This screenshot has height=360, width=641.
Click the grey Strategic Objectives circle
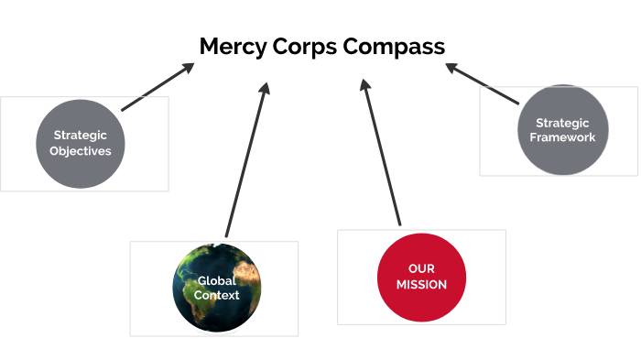click(81, 144)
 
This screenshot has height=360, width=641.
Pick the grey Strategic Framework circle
click(563, 129)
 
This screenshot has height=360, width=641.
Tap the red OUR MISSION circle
click(422, 277)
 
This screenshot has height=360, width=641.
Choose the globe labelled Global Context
click(216, 288)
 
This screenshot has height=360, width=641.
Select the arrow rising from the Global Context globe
click(246, 160)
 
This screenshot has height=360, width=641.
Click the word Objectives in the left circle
click(81, 151)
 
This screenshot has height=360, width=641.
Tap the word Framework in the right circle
click(563, 137)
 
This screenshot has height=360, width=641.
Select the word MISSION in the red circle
click(422, 285)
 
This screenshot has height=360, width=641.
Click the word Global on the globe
click(217, 281)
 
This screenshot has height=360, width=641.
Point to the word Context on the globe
click(217, 295)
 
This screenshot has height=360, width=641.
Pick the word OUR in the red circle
click(422, 268)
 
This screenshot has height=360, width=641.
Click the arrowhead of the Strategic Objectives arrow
click(188, 69)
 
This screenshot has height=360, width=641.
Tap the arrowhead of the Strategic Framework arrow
click(452, 68)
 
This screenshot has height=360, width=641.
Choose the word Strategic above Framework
click(563, 122)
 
